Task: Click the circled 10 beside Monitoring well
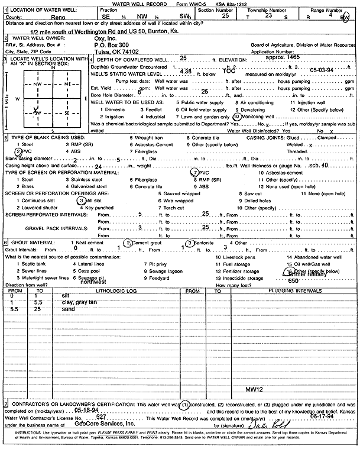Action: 236,117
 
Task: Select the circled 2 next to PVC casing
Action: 18,152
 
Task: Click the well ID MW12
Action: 254,390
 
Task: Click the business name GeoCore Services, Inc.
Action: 105,424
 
